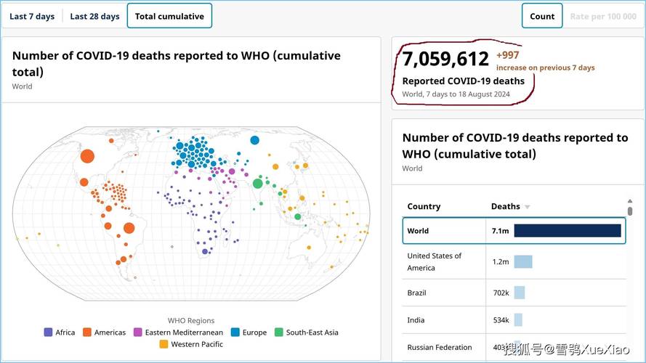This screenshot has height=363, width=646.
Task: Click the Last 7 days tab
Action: coord(32,16)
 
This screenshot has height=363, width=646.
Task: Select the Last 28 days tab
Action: coord(94,16)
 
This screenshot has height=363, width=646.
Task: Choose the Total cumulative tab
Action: coord(169,16)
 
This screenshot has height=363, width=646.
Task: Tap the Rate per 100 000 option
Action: coord(603,16)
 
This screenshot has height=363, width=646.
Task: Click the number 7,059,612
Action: coord(445,58)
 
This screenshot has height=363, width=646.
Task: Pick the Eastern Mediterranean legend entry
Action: coord(178,333)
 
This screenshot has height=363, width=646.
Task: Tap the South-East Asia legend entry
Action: coord(306,333)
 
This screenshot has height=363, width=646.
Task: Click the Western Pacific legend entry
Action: coord(191,344)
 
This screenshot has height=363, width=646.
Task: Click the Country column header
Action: coord(424,206)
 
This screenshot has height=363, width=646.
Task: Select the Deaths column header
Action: coord(506,206)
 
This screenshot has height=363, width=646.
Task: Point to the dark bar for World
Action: coord(568,231)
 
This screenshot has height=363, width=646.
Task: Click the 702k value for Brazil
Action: coord(500,293)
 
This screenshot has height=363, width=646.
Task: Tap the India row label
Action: coord(416,320)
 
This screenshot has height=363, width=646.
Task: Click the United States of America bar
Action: coord(523,261)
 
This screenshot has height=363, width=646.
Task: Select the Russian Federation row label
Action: coord(440,347)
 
